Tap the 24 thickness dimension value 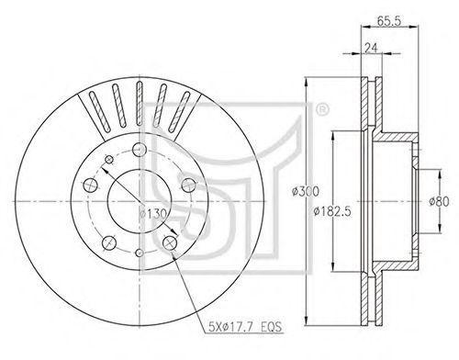pyautogui.click(x=371, y=48)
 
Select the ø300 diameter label pyautogui.click(x=305, y=191)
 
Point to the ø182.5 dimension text pyautogui.click(x=332, y=211)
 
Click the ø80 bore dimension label pyautogui.click(x=439, y=201)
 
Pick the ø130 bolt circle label pyautogui.click(x=152, y=214)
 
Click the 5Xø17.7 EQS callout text pyautogui.click(x=244, y=327)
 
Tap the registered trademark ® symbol pyautogui.click(x=321, y=109)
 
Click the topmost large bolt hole pyautogui.click(x=140, y=150)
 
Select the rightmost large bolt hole pyautogui.click(x=188, y=185)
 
